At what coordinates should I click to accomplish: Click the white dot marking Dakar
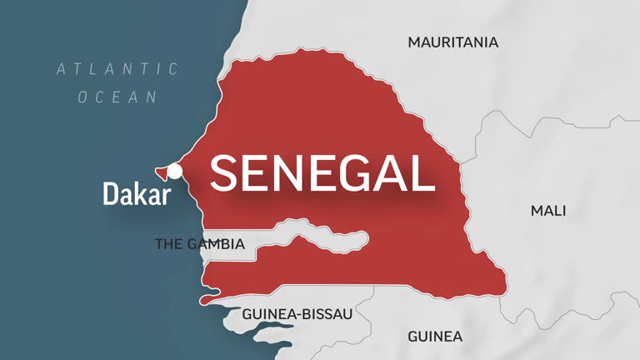point(175,172)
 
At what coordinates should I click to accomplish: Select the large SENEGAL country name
point(322,173)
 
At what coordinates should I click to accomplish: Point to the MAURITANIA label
point(452,42)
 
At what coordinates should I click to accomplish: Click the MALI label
point(548,211)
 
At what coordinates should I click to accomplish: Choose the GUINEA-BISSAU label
point(297,314)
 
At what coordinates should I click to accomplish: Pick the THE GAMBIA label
point(200,244)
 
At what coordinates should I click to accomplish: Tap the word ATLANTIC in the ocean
point(117,69)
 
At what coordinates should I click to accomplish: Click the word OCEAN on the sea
point(117,97)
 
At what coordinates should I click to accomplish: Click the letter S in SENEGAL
point(227,173)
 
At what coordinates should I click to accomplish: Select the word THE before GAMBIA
point(167,244)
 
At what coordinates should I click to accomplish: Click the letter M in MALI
point(537,211)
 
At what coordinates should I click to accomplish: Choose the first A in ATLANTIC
point(62,69)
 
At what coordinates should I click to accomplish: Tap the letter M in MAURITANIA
point(414,42)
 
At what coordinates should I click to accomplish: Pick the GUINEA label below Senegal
point(434,337)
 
